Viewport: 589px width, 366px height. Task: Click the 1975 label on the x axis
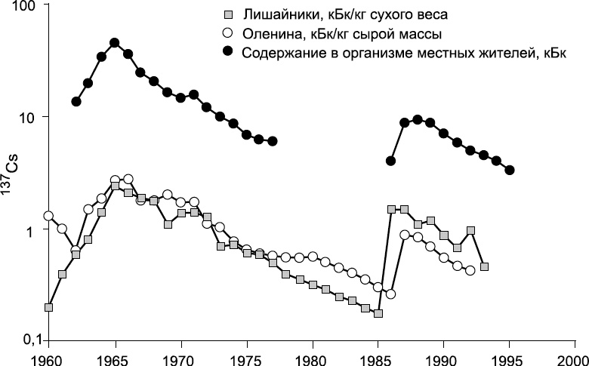coord(246,356)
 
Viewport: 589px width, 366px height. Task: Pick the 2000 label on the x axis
coord(574,356)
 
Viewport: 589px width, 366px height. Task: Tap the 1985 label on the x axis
coord(378,356)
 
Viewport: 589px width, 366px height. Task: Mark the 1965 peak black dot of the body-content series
coord(115,43)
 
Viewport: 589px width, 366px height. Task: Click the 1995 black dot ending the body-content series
coord(510,170)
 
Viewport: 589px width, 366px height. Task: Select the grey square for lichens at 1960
coord(49,307)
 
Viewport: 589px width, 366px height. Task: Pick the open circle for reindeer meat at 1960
coord(49,216)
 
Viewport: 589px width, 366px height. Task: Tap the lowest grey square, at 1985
coord(378,313)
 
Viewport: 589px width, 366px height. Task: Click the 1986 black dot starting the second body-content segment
coord(390,161)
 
